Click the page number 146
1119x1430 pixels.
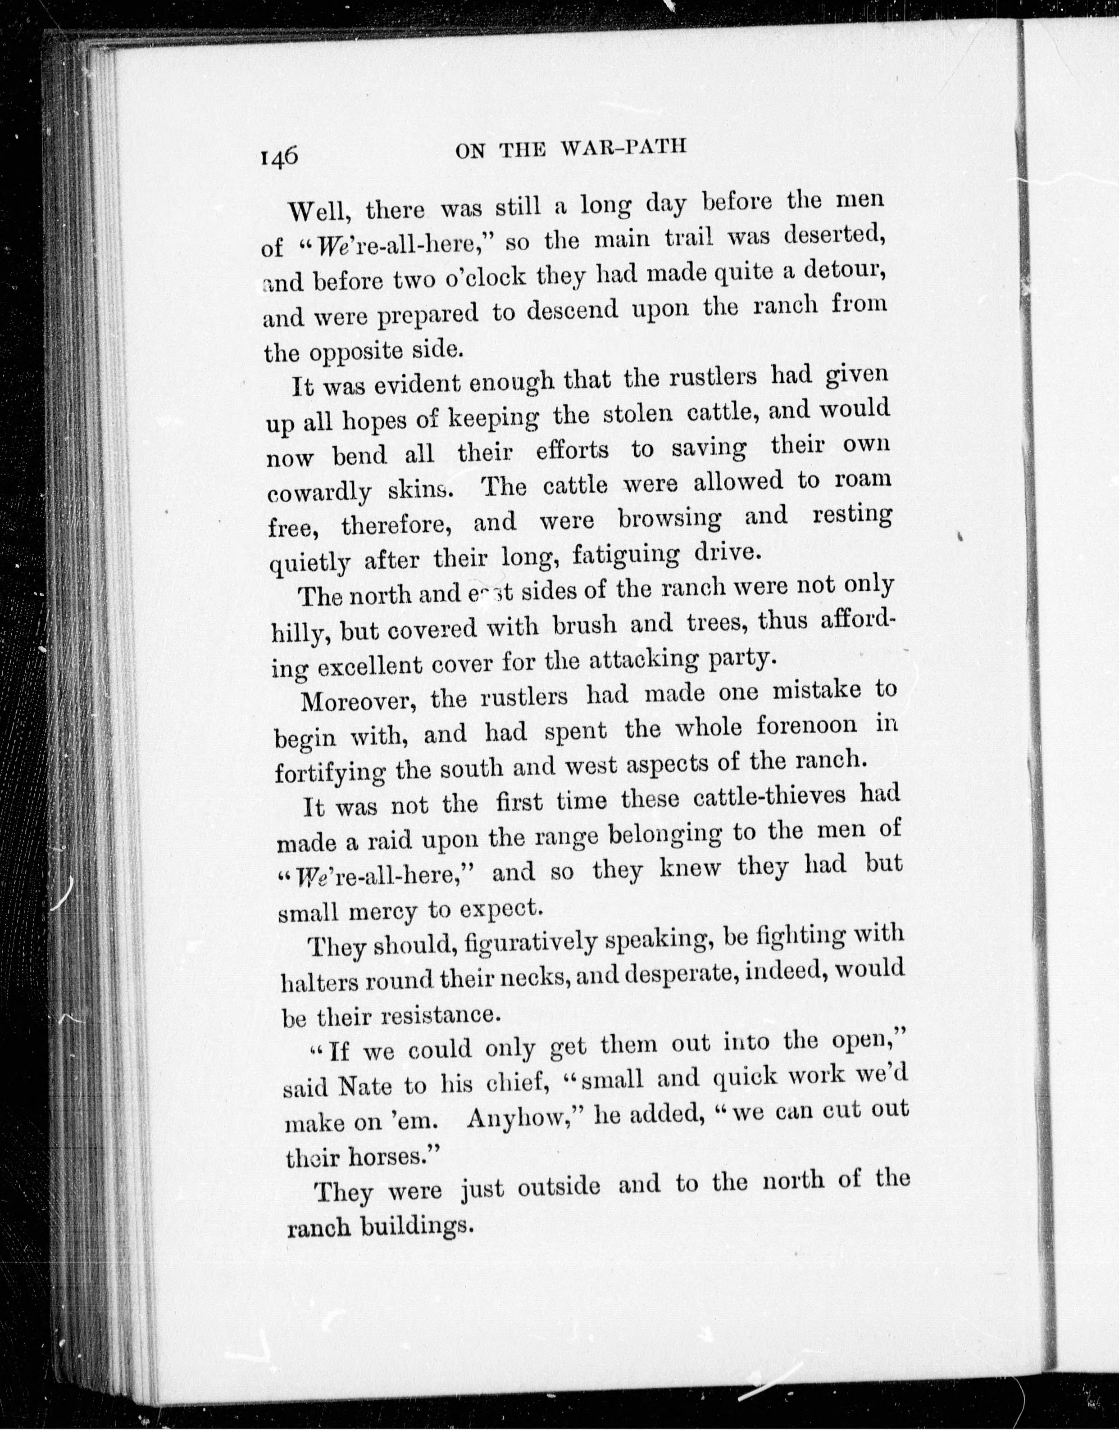(x=279, y=158)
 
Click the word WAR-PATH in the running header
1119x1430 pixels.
(x=624, y=148)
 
